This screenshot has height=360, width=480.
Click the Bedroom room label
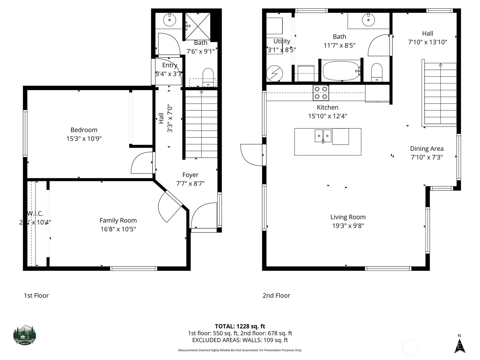pos(84,130)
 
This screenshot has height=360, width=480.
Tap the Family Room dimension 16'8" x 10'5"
pos(118,229)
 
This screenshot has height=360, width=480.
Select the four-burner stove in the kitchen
pos(321,93)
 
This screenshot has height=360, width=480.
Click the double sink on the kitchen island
pos(323,136)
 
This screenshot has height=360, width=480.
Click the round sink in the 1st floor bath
pos(169,20)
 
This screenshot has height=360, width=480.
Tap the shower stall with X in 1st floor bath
pos(197,26)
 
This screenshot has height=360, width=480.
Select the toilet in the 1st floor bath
pos(208,76)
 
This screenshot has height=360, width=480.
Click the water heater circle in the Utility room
pos(274,73)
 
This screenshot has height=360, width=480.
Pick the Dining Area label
pos(427,148)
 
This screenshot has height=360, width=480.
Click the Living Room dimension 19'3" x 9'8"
pos(348,226)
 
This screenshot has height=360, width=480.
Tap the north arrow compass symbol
pos(459,346)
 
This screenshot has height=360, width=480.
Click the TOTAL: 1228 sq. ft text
pos(240,326)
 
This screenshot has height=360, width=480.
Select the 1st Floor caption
pos(36,295)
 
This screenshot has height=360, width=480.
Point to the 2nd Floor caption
pos(276,295)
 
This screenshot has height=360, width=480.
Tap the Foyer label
pos(190,175)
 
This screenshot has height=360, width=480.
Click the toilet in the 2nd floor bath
pos(377,72)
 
